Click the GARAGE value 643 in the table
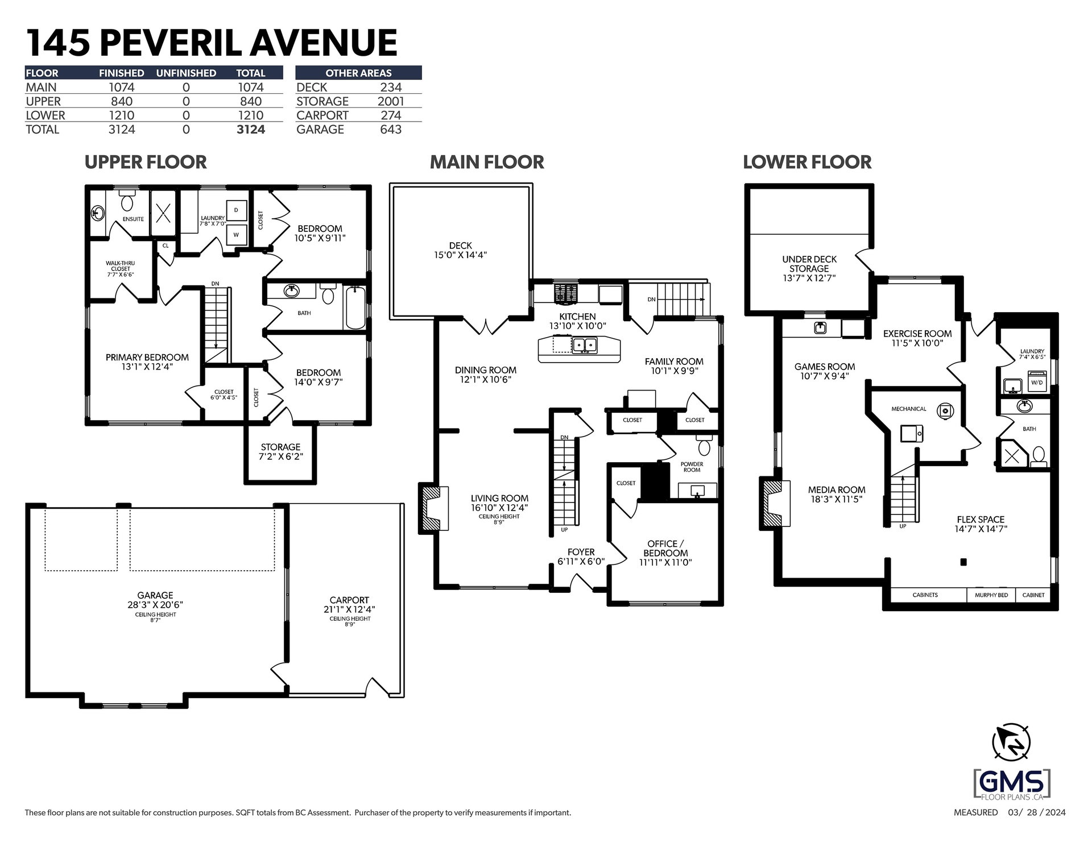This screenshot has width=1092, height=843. [x=391, y=130]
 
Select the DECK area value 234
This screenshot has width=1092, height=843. [x=391, y=88]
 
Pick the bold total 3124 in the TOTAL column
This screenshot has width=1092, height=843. [x=251, y=130]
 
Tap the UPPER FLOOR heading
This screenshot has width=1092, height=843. [x=146, y=162]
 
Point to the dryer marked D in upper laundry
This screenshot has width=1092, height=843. [x=237, y=210]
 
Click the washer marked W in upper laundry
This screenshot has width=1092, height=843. [x=237, y=234]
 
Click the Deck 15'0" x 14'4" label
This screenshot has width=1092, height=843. [x=461, y=251]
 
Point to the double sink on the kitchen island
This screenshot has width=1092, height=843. [x=584, y=344]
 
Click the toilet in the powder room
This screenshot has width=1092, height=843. [x=704, y=446]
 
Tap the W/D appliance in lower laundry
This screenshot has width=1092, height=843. [x=1037, y=382]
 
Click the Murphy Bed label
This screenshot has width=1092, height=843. [x=992, y=595]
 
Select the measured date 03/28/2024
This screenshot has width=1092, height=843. [x=1033, y=812]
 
